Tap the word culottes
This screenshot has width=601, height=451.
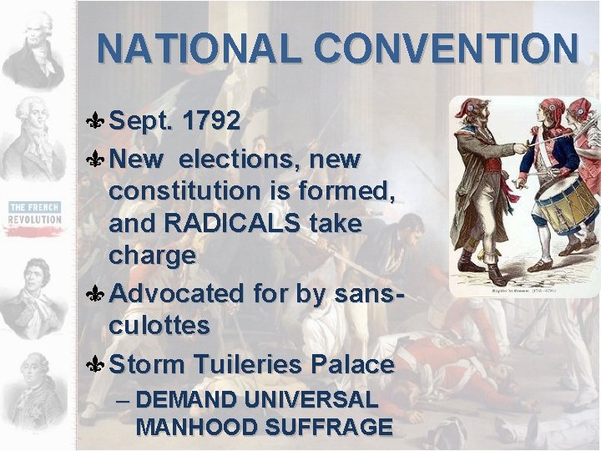159,326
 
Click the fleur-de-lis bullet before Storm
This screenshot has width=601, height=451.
94,365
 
